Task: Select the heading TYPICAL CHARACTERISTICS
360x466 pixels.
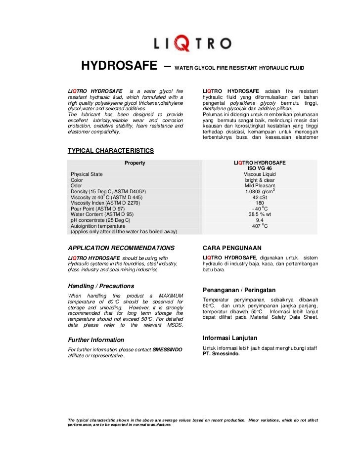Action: (110, 151)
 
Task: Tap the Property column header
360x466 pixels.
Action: (135, 163)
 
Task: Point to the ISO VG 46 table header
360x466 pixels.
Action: (260, 169)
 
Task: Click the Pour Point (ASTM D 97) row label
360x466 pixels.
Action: (98, 209)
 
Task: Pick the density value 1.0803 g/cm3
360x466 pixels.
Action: (260, 191)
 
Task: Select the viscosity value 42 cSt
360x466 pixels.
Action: (260, 197)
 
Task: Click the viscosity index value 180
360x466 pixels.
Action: (260, 203)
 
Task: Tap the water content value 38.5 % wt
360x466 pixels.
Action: (260, 214)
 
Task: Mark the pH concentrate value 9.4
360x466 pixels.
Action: (260, 220)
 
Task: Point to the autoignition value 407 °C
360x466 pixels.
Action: (260, 226)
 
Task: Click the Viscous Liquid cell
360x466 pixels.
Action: (260, 174)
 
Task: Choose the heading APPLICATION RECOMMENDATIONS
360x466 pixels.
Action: (121, 248)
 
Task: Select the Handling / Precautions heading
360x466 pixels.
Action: (101, 286)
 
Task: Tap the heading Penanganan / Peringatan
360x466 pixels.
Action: (239, 290)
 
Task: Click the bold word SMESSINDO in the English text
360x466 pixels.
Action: (168, 349)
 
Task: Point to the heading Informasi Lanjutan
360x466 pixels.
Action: (230, 338)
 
